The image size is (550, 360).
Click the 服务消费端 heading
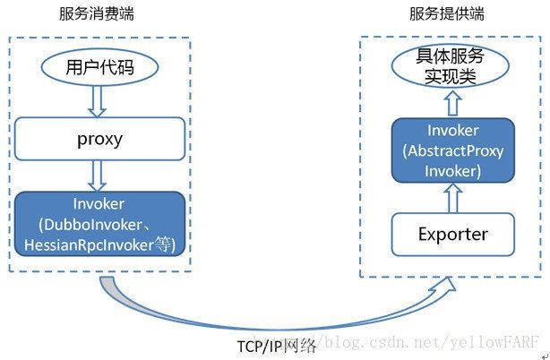click(99, 15)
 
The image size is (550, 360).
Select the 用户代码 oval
click(100, 68)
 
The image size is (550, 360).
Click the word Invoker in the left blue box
click(100, 204)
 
